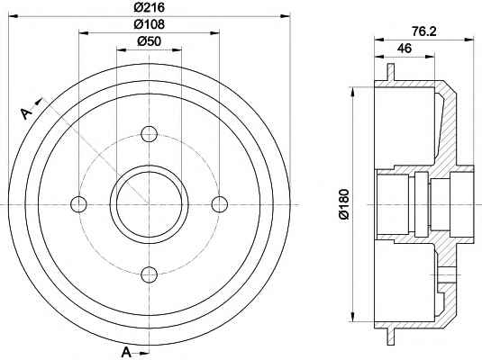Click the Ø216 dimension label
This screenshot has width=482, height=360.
(149, 7)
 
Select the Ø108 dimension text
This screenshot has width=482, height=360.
(149, 24)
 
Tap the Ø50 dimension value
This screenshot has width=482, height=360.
(149, 40)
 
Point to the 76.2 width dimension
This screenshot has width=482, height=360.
(424, 31)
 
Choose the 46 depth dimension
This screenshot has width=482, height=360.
(405, 49)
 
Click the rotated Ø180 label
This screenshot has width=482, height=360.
(344, 204)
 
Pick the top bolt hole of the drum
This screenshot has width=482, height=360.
(149, 134)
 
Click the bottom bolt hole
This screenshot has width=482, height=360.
(149, 274)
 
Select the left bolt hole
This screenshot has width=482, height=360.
(78, 204)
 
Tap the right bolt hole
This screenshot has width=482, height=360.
(220, 204)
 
